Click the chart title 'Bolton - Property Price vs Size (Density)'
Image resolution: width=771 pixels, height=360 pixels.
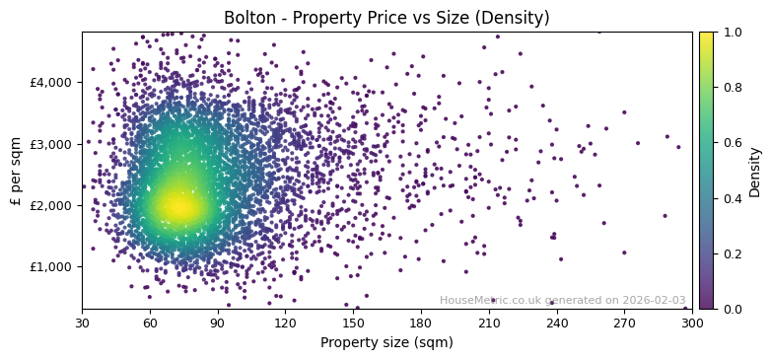click(x=386, y=18)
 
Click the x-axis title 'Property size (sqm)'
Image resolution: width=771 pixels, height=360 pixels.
click(x=386, y=342)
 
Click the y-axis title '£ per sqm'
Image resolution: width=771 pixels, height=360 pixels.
click(x=16, y=171)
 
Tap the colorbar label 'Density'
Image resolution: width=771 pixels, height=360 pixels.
click(x=755, y=171)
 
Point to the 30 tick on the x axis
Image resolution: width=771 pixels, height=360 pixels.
click(x=82, y=322)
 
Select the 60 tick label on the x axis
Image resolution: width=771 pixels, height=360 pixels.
click(x=150, y=322)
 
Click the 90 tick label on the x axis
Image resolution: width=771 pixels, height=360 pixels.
click(x=218, y=322)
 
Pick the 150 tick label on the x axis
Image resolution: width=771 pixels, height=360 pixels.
click(x=353, y=322)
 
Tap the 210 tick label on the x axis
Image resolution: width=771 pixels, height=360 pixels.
click(x=489, y=322)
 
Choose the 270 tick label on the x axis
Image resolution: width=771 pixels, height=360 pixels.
click(x=624, y=322)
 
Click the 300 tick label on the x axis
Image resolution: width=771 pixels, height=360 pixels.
click(x=692, y=322)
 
